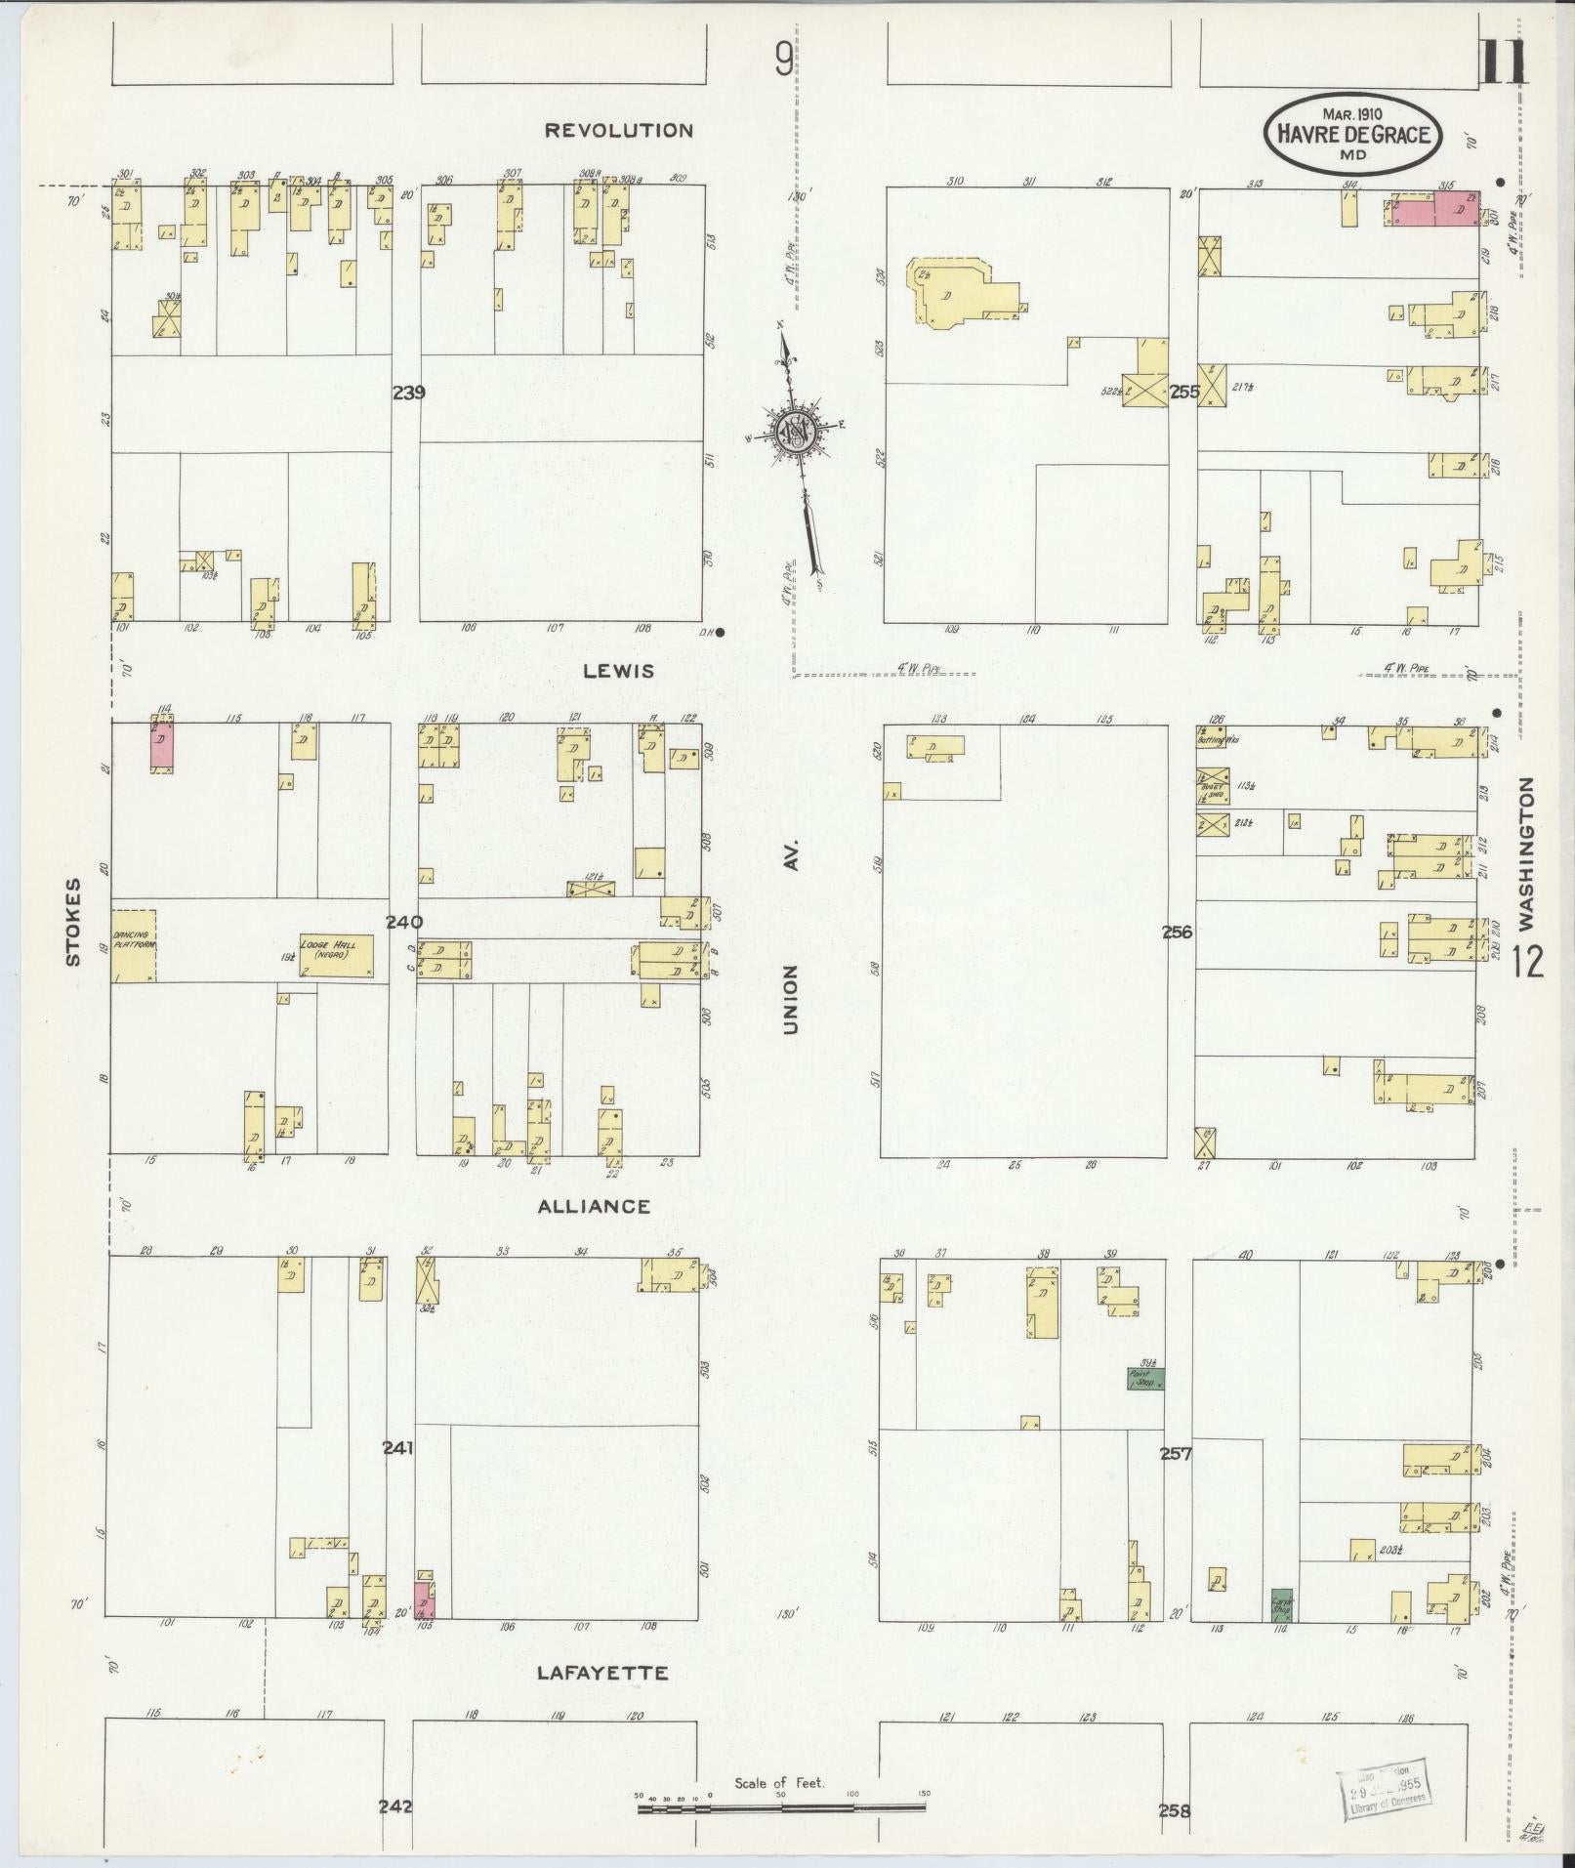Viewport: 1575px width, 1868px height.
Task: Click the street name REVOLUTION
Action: pos(618,130)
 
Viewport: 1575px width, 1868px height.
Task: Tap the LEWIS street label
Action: pos(618,671)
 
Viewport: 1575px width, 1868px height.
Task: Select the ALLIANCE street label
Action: pos(594,1206)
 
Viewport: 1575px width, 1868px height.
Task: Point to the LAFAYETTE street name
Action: pos(602,1673)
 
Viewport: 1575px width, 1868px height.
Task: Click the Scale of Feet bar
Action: pos(781,1808)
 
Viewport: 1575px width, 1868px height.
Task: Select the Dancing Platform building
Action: pos(134,945)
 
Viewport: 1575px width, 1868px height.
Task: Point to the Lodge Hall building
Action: pos(336,955)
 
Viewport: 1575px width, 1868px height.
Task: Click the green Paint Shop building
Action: pos(1144,1379)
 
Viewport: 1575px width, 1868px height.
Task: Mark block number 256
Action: pos(1178,932)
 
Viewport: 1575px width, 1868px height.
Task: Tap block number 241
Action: pos(398,1447)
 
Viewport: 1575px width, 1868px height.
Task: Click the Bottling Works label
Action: pos(1218,739)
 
